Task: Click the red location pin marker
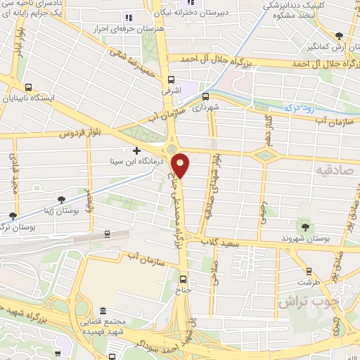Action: (181, 165)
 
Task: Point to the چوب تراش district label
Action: (309, 302)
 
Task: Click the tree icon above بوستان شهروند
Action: (305, 226)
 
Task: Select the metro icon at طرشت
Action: (309, 271)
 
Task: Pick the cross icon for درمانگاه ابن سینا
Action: (136, 150)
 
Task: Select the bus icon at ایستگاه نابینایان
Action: (27, 87)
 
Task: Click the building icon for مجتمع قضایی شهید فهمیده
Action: (103, 311)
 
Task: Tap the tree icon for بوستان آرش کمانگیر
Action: (339, 35)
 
